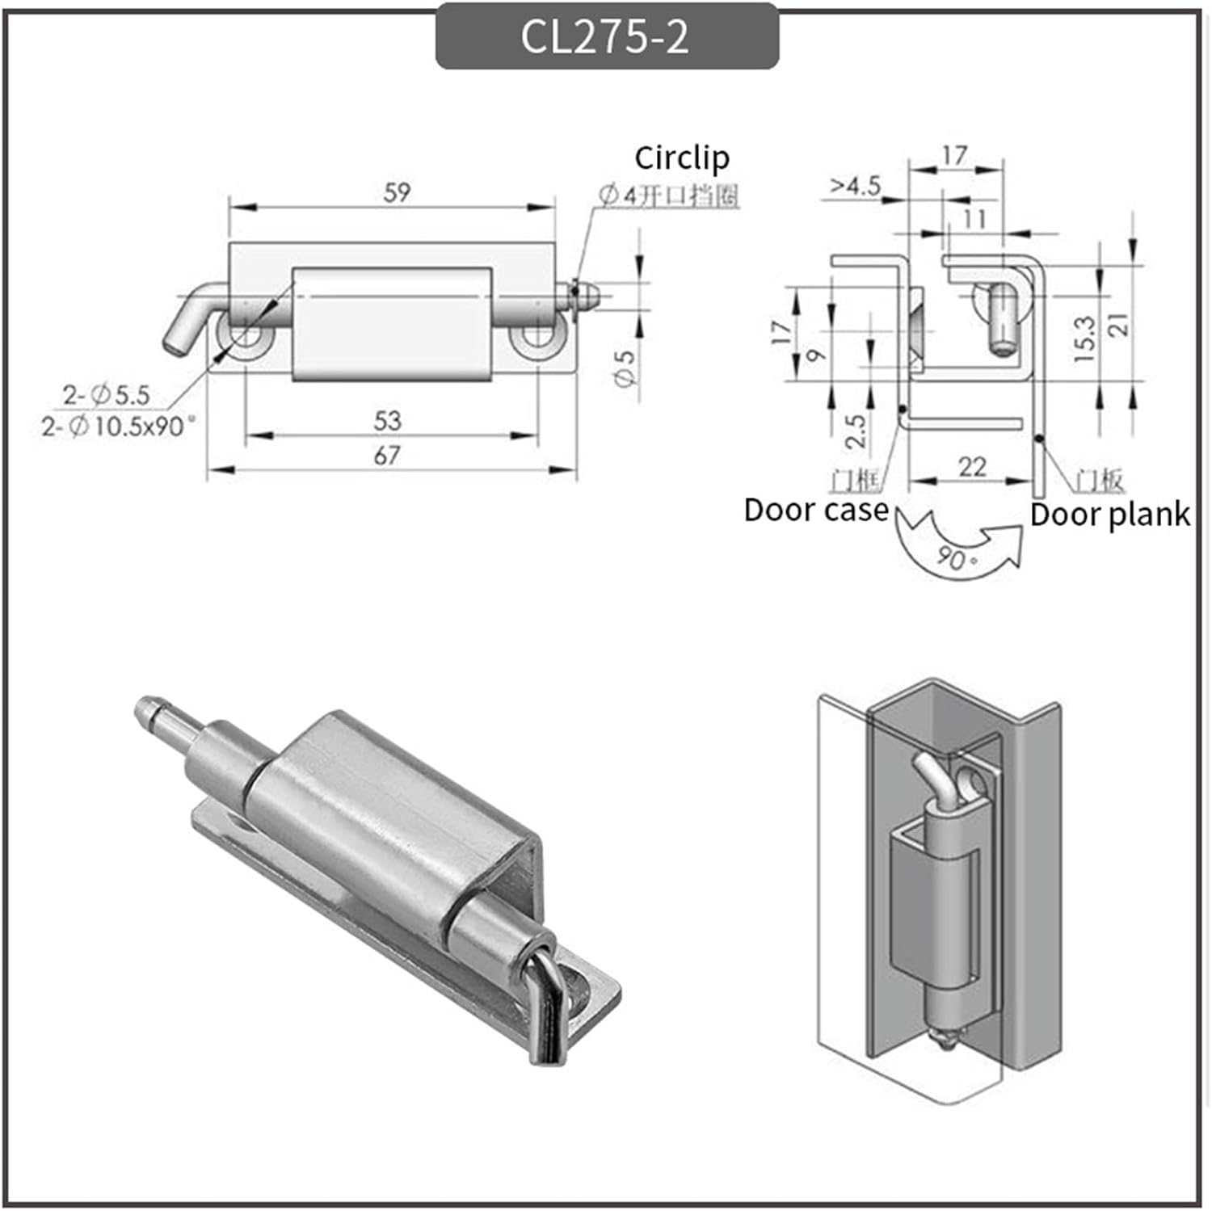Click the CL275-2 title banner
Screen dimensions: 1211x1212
[x=606, y=36]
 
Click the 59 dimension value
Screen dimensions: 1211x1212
[x=397, y=193]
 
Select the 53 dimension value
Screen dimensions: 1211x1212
[x=388, y=421]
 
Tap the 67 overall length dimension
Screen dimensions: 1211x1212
[x=387, y=456]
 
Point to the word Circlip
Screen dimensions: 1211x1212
[x=681, y=158]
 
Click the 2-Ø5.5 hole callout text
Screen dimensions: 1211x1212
[x=107, y=395]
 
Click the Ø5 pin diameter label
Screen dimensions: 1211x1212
[x=625, y=368]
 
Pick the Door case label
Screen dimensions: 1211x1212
[x=814, y=511]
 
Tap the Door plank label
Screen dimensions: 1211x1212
[x=1109, y=515]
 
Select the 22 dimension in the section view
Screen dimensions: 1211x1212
[x=971, y=467]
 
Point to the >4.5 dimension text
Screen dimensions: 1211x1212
[x=855, y=187]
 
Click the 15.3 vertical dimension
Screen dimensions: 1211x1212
[x=1085, y=338]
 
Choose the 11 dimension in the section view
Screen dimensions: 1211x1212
[x=974, y=219]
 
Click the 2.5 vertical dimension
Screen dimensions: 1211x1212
[x=856, y=431]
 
